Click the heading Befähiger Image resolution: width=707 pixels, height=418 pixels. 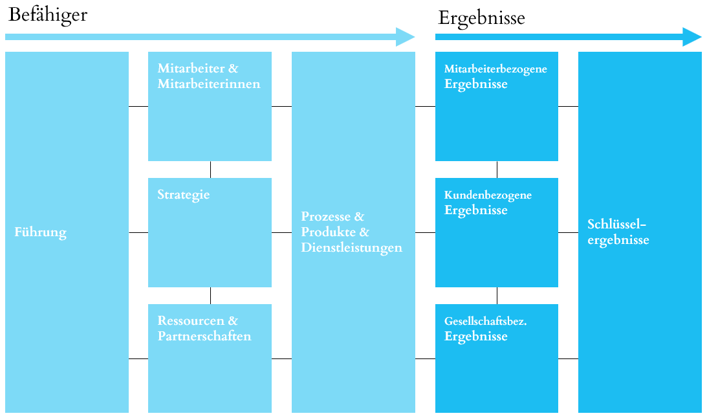coord(48,15)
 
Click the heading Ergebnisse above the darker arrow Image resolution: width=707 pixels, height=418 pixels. coord(481,19)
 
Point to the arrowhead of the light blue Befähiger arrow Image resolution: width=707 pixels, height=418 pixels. coord(406,37)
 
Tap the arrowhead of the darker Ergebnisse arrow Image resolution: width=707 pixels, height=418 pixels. coord(692,37)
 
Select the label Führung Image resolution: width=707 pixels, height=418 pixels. coord(41,232)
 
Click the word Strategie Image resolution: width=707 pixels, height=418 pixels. coord(184,195)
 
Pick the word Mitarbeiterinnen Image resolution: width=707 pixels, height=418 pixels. coord(209,84)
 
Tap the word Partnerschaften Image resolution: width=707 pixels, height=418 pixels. coord(204,336)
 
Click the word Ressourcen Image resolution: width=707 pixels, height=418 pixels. coord(191,321)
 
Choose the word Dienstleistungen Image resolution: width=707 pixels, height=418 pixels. coord(352,248)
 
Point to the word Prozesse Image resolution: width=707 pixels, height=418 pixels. coord(325,217)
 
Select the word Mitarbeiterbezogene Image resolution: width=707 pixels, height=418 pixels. coord(495,69)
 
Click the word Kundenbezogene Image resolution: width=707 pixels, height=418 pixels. coord(488,195)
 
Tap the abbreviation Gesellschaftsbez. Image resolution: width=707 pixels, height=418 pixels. coord(486,322)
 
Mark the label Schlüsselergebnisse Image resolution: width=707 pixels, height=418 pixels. coord(618,232)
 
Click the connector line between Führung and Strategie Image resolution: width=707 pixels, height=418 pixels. coord(138,233)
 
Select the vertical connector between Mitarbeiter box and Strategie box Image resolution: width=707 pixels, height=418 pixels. coord(211,170)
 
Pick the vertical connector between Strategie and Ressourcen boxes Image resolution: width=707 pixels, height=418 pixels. coord(211,296)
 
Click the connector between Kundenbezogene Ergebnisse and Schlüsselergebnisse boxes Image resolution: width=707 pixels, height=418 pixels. coord(568,233)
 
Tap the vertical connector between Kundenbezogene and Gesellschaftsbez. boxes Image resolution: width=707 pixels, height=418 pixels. coord(497,296)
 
